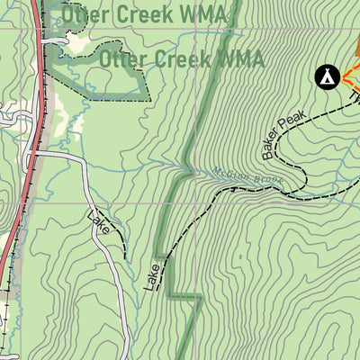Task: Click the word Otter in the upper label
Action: point(87,14)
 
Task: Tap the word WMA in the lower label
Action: point(238,59)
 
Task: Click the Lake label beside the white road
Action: point(101,221)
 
